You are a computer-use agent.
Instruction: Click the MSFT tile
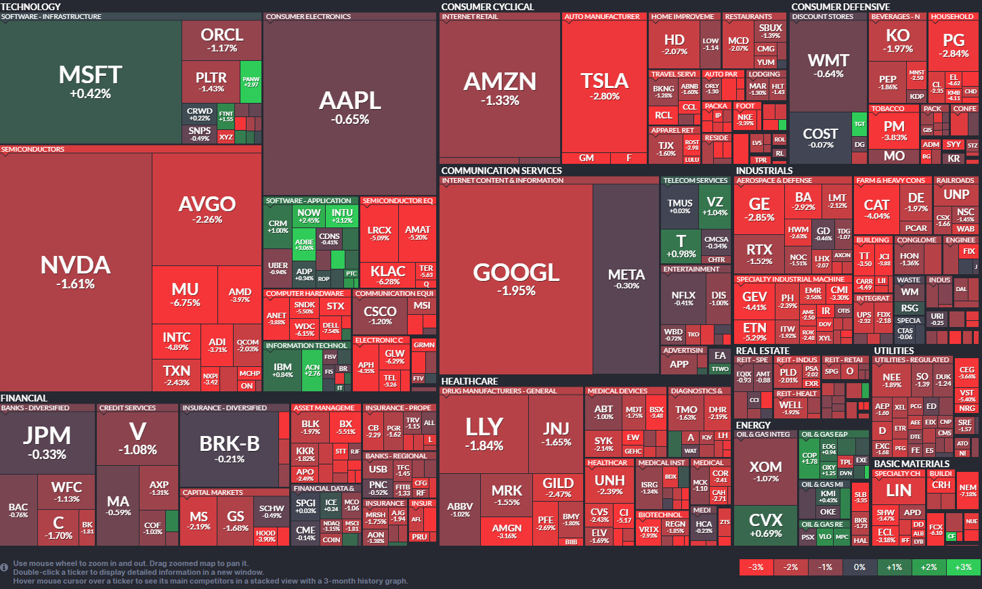point(91,81)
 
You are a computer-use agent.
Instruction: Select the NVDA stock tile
point(76,271)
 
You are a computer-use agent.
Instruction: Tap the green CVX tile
point(765,525)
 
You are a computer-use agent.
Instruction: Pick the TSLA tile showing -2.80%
point(604,86)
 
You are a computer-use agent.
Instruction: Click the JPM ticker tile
point(47,441)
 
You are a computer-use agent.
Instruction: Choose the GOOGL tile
point(516,278)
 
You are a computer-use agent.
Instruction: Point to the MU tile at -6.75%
point(185,294)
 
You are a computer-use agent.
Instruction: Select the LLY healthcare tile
point(484,433)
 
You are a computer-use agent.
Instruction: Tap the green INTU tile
point(342,216)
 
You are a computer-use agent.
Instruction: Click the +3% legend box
point(963,567)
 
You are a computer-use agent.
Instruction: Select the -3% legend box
point(756,567)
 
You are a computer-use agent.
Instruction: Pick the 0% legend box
point(859,567)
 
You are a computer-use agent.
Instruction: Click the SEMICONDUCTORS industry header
point(33,150)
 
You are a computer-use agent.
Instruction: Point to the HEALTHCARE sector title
point(469,381)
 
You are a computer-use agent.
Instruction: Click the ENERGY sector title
point(753,425)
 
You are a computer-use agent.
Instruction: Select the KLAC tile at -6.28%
point(388,274)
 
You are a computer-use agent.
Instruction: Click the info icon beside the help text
point(5,567)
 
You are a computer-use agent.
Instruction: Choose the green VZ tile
point(714,206)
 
